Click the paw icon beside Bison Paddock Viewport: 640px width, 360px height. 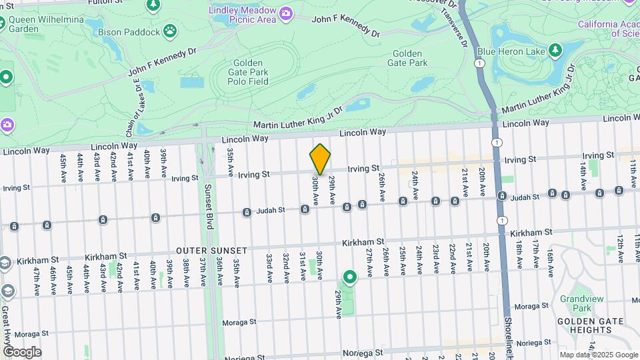[x=171, y=31]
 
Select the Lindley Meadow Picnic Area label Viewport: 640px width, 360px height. [x=242, y=14]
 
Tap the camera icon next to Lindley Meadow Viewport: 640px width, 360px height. [x=286, y=13]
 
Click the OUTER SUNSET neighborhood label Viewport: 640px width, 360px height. [x=211, y=251]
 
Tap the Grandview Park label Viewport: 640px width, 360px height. [x=575, y=303]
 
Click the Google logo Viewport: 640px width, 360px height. [x=22, y=352]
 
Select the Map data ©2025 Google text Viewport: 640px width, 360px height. [x=598, y=355]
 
